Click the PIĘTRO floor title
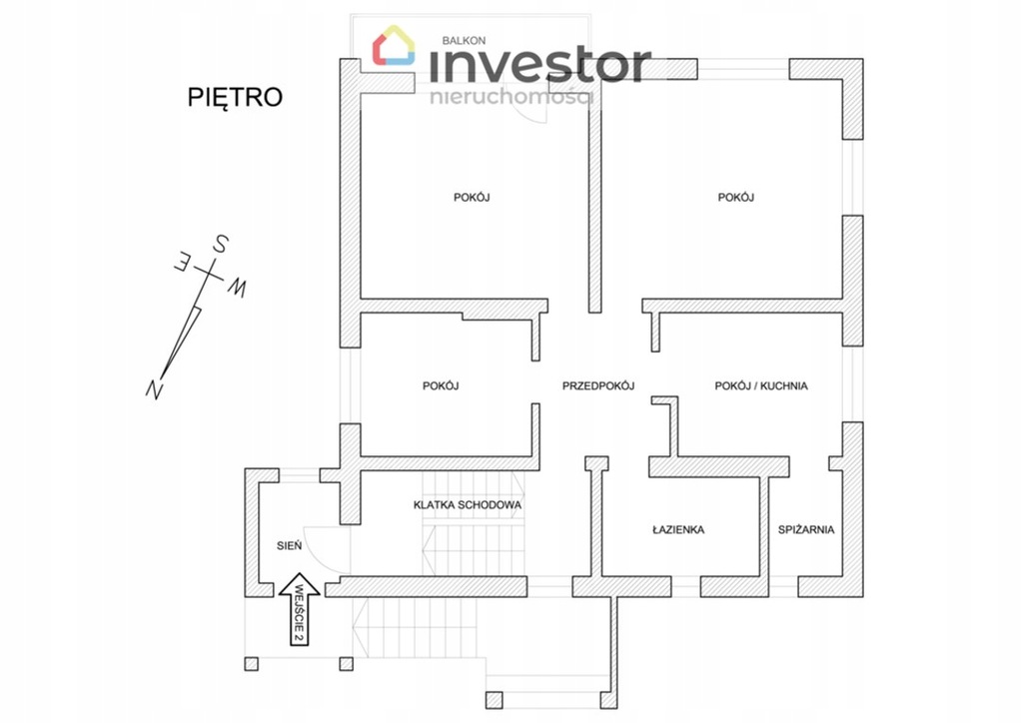click(235, 97)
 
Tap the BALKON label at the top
click(464, 41)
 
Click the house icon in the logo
click(394, 46)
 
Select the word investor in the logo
click(539, 65)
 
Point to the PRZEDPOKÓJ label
click(598, 385)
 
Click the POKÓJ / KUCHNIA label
click(761, 385)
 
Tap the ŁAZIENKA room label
click(678, 529)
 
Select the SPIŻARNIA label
click(806, 529)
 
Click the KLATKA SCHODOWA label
click(468, 505)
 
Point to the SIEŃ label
click(289, 545)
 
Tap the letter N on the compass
click(154, 388)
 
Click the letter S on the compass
click(220, 244)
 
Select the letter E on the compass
click(182, 263)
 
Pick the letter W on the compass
click(238, 288)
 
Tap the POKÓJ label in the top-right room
click(735, 198)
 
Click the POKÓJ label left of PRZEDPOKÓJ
click(441, 385)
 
